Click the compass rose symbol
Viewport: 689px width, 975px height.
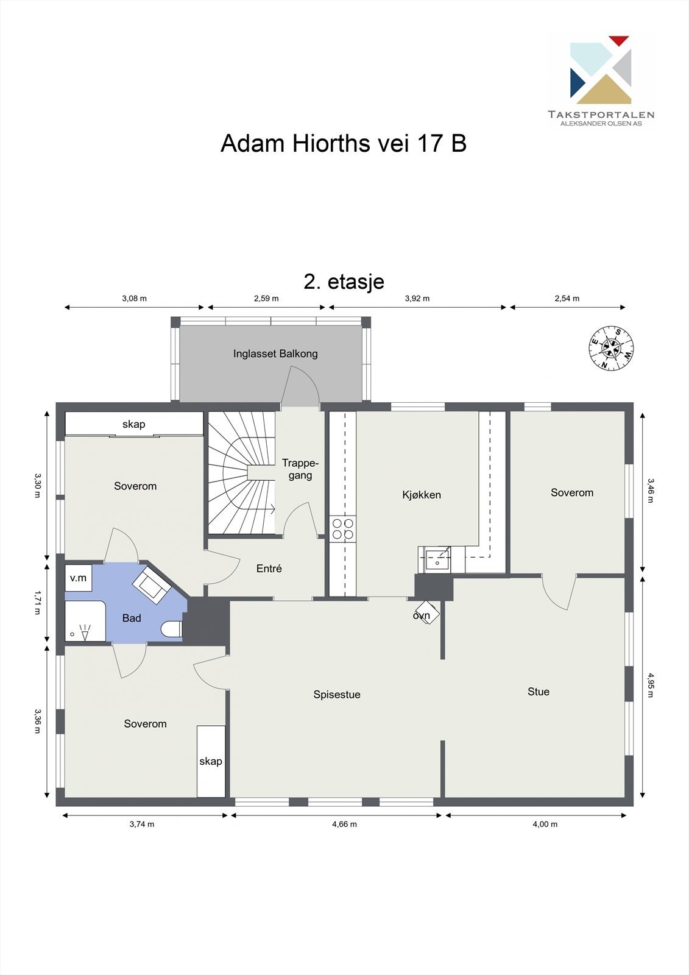611,348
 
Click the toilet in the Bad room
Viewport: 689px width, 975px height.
172,629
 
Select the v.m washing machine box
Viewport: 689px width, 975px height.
79,578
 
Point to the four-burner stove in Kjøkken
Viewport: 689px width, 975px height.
342,529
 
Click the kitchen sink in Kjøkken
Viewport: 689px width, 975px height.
437,559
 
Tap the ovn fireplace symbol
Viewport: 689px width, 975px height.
427,612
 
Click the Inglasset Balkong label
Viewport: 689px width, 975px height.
275,353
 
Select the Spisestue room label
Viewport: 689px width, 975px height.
337,695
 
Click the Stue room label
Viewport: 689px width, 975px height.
539,692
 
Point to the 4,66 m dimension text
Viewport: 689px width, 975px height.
344,824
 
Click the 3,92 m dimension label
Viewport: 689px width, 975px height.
417,299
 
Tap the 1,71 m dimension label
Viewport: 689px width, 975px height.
37,601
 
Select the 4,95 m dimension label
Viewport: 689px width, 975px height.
650,685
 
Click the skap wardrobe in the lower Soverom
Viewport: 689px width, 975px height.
211,761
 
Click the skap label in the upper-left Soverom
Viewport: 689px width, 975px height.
134,424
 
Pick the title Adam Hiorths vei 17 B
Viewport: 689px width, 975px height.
344,143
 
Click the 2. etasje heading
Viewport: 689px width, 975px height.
344,282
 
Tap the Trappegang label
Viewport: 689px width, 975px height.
300,469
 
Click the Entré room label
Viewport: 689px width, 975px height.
269,569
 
